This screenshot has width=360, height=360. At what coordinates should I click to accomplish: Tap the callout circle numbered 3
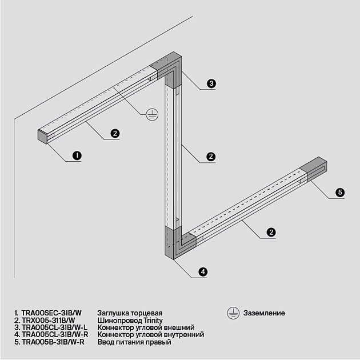[211, 83]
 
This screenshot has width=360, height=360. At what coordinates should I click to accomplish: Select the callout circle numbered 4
[202, 272]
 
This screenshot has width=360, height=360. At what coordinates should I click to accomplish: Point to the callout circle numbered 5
[340, 192]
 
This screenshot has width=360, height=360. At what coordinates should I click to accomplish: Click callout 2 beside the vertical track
[211, 156]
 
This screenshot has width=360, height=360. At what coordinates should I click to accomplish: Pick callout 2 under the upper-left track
[115, 133]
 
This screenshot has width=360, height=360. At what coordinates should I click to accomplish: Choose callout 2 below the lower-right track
[271, 232]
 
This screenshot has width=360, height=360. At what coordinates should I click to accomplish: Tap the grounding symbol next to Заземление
[233, 313]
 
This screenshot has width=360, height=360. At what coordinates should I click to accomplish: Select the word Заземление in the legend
[264, 313]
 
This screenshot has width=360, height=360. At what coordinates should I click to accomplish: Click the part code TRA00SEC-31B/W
[51, 313]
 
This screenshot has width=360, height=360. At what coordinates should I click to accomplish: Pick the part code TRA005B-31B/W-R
[53, 342]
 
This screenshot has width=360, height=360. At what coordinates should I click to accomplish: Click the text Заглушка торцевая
[130, 313]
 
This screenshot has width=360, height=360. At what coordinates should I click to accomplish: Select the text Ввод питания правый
[134, 342]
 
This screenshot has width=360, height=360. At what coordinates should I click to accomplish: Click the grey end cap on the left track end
[41, 136]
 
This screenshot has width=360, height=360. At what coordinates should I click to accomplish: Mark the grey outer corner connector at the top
[171, 67]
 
